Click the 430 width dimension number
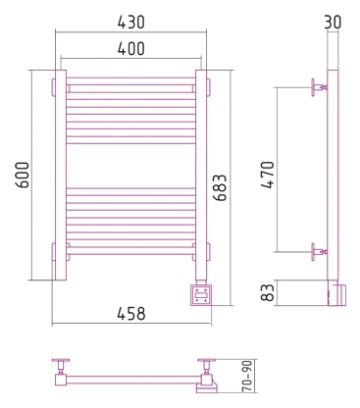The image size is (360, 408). point(130,23)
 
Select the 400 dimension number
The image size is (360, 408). point(130,49)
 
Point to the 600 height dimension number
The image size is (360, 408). point(23,175)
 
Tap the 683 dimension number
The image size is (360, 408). point(220,187)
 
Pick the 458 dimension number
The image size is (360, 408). point(131,314)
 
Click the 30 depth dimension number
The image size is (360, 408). point(333,23)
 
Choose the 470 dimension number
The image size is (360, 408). point(268,175)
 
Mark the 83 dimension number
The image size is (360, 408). point(268,292)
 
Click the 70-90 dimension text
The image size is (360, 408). point(247,376)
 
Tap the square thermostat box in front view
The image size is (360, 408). point(201,295)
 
